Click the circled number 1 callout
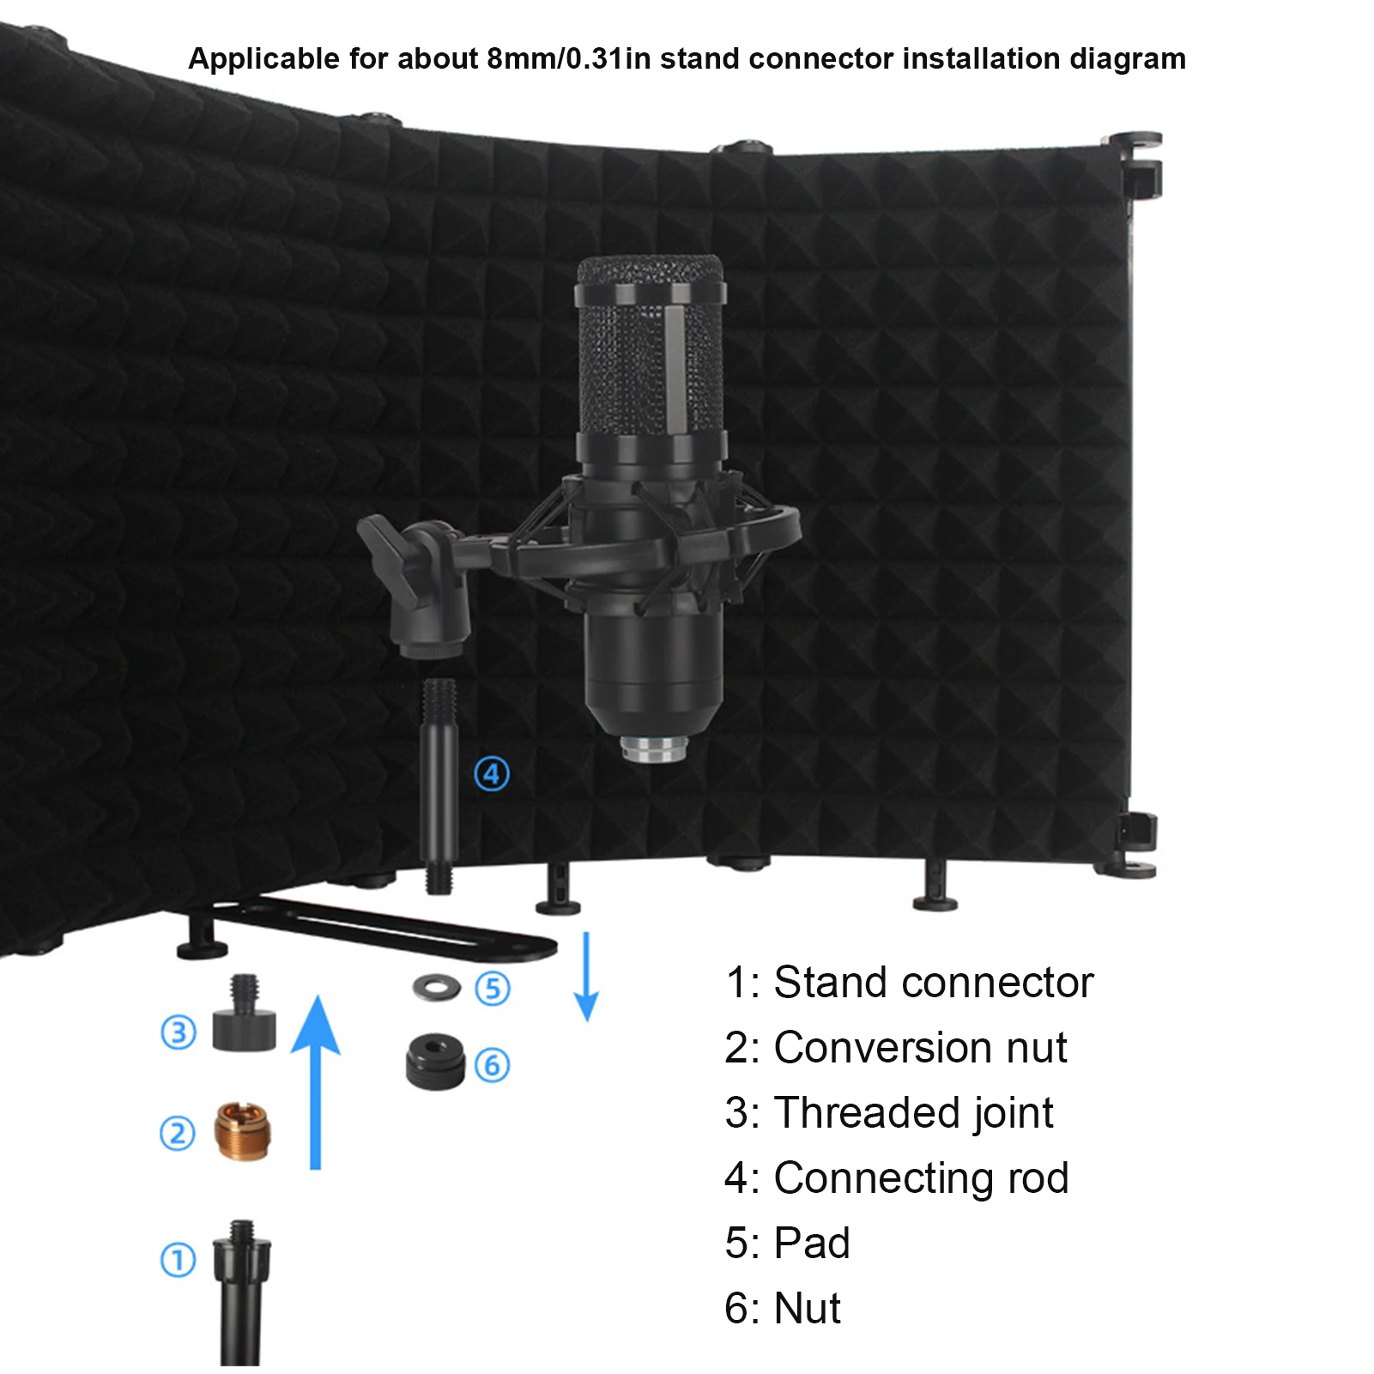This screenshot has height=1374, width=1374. coord(179,1260)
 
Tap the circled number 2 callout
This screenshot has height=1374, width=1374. coord(178,1133)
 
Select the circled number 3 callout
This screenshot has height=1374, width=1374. coord(179,1032)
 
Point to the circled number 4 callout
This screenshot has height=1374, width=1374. coord(492,774)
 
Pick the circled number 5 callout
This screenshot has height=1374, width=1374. coord(493,989)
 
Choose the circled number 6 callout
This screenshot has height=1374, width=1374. coord(493,1065)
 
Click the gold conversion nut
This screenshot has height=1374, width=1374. coord(241,1131)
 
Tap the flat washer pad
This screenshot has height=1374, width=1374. coord(436,988)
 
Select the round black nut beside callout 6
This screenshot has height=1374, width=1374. coord(434,1062)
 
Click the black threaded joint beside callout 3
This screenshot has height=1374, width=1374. coord(245,1017)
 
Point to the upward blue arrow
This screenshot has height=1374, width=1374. coord(316,1081)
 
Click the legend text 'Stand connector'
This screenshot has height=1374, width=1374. coord(933,982)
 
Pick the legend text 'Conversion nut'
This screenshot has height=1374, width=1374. coord(920,1047)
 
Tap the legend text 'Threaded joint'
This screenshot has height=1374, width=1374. coord(913,1112)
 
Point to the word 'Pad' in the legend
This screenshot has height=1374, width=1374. coord(811,1243)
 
